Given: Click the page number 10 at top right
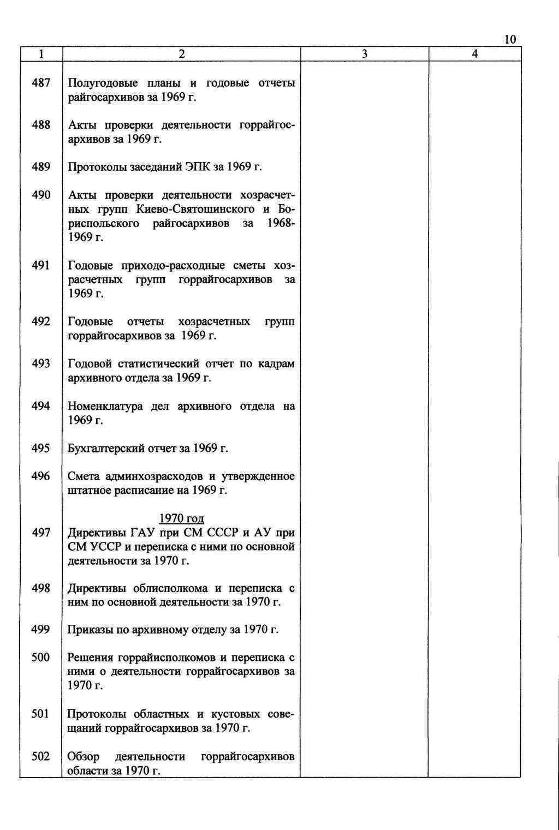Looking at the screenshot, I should pos(510,39).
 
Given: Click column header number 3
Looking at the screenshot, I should pos(364,54).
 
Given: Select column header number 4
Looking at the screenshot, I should pos(475,54).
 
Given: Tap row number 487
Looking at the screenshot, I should pos(41,83).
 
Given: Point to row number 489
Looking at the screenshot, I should pos(41,167).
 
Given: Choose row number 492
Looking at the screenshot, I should pos(41,321).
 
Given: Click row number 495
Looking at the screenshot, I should pos(41,449).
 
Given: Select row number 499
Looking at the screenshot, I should pos(41,630).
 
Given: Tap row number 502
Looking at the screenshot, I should pos(41,756).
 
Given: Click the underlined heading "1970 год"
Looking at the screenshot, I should pos(181,518).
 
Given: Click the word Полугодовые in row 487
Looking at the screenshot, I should pos(104,83).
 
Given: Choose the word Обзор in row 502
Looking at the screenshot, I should pos(84,757).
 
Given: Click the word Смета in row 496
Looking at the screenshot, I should pos(84,476).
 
